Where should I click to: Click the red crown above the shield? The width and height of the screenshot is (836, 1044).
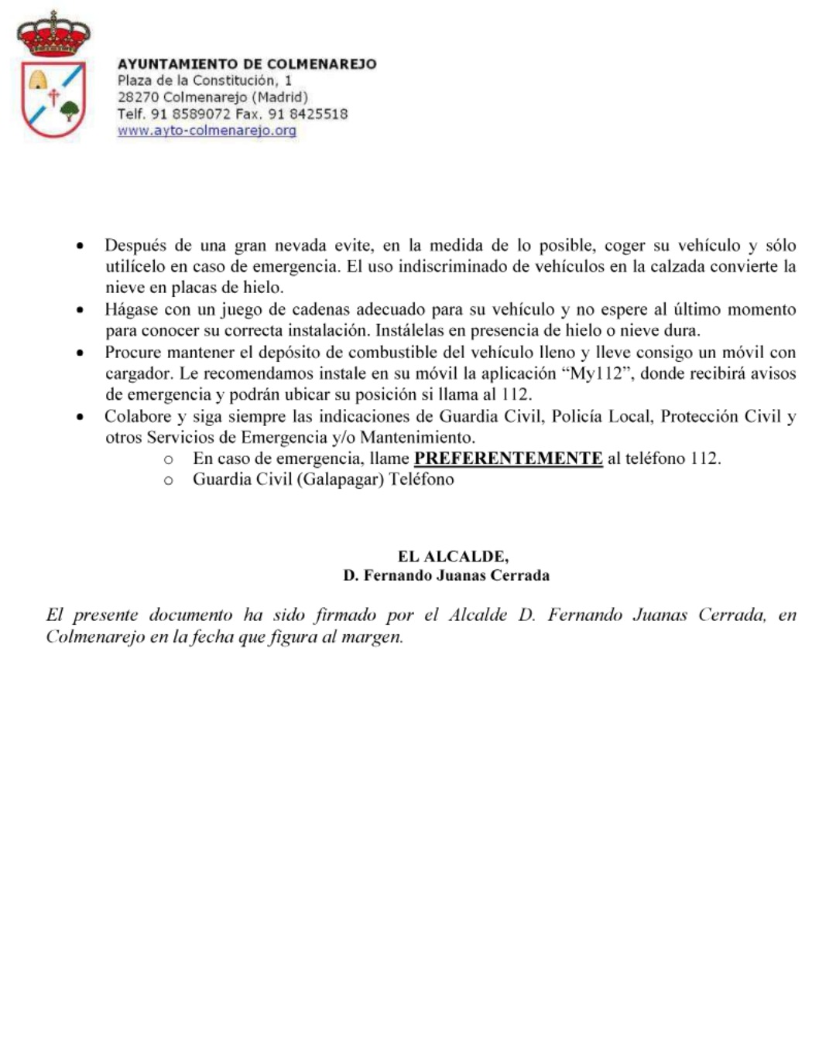pos(53,35)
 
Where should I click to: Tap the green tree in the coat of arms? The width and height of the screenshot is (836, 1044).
pos(70,111)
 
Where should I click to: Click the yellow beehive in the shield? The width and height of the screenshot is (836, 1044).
pos(38,79)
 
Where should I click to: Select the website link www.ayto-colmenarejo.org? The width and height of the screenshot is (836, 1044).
pos(207,131)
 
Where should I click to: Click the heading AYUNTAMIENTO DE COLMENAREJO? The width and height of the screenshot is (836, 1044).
pos(247,64)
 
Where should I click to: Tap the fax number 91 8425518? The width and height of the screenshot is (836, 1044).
pos(307,114)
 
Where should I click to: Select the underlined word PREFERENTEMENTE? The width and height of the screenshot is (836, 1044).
pos(508,459)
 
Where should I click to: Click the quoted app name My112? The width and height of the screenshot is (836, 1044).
pos(595,374)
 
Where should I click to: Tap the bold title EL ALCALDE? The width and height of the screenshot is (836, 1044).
pos(453,556)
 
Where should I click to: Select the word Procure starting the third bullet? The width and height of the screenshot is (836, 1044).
pos(133,353)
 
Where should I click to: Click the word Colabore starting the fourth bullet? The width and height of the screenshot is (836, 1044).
pos(138,417)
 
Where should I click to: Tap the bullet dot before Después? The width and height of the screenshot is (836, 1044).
pos(80,247)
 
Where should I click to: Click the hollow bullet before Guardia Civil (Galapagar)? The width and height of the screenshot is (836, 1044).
pos(168,480)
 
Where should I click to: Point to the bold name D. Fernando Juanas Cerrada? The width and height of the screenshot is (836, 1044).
pos(447,575)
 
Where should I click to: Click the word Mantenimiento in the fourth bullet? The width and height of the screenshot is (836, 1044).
pos(417,438)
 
